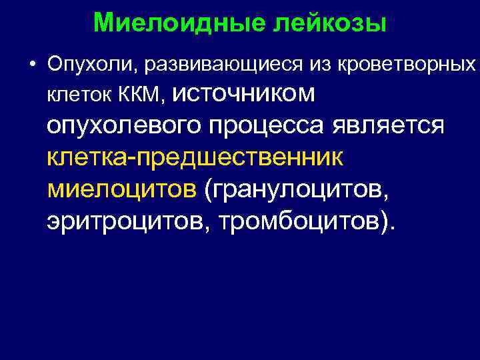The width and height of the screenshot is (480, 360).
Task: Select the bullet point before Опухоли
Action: pos(32,65)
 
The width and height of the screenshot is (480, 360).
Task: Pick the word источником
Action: pos(243,94)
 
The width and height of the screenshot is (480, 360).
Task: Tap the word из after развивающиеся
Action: pos(317,65)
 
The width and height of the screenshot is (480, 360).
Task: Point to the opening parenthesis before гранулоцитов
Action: pos(209,189)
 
